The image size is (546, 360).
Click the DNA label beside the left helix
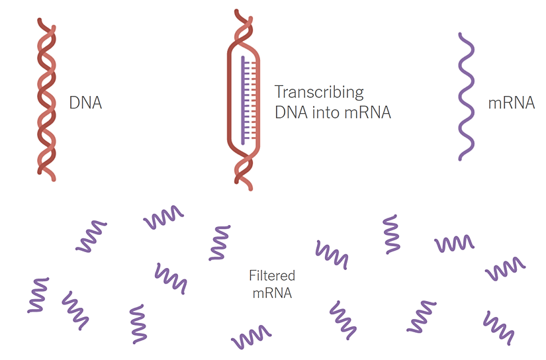coord(85,103)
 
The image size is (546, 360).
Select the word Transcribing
coord(319,92)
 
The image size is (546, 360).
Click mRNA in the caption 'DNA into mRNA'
coord(367,113)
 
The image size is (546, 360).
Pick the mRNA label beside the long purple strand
coord(511,103)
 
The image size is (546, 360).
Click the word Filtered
coord(272,275)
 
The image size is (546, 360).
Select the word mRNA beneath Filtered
coord(272,292)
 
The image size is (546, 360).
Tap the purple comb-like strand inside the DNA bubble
coord(246,99)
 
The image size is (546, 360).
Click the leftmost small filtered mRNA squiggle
coord(38,295)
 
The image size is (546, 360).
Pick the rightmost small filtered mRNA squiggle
coord(505,268)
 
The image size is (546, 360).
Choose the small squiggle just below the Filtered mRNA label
coord(251,336)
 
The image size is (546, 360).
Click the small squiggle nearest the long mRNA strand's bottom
coord(454,243)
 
